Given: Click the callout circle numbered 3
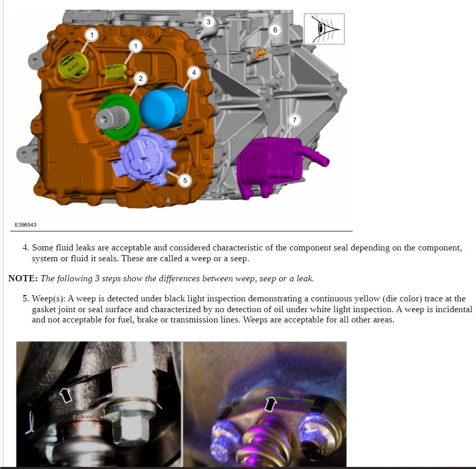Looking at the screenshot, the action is point(208,22).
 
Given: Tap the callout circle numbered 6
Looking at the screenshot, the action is point(275,30).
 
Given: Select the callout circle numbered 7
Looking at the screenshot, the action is point(294,120).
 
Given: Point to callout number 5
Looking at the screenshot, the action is point(185,181).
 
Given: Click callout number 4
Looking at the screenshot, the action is point(194,73).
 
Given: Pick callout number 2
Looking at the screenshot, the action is point(140,79).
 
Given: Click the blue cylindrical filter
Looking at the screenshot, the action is point(164,108).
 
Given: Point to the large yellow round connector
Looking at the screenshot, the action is point(73,66).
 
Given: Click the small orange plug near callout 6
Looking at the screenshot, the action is point(260,54).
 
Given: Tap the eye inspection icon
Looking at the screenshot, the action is point(324,29).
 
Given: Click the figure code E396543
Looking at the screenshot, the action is point(26,225).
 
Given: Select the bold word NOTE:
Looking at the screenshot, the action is point(23,278).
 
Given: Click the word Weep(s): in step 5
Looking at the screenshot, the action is point(48,299).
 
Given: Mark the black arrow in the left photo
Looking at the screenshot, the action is point(66,395).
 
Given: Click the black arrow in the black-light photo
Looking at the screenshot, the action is point(270,404).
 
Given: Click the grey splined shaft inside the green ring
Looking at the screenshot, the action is point(113,117).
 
